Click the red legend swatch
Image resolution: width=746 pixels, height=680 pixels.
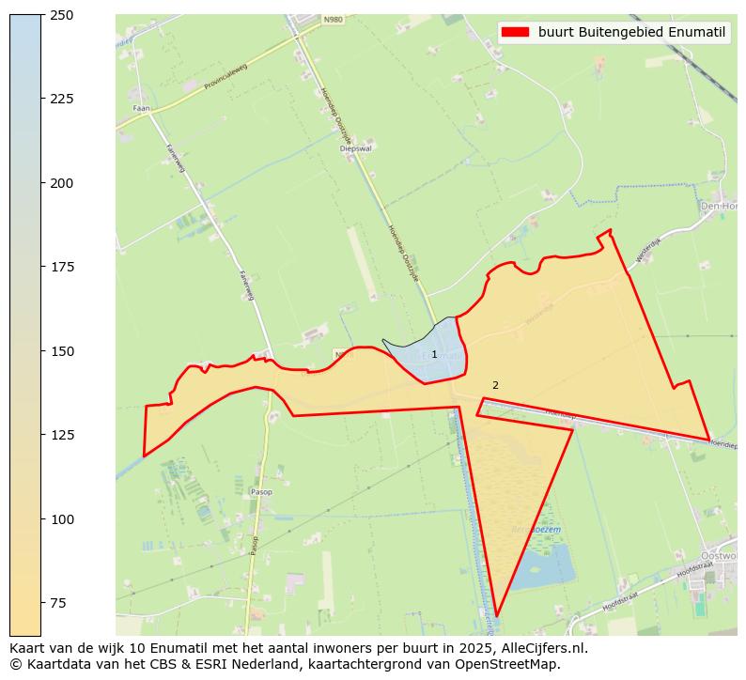coord(515,32)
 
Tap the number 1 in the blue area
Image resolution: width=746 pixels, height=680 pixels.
coord(434,354)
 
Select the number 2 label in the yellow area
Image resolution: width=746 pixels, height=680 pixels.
coord(495,385)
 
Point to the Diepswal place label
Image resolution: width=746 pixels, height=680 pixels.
coord(355,148)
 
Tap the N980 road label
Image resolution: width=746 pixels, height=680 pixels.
coord(333,20)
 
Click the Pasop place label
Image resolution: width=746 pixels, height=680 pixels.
coord(261,491)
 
